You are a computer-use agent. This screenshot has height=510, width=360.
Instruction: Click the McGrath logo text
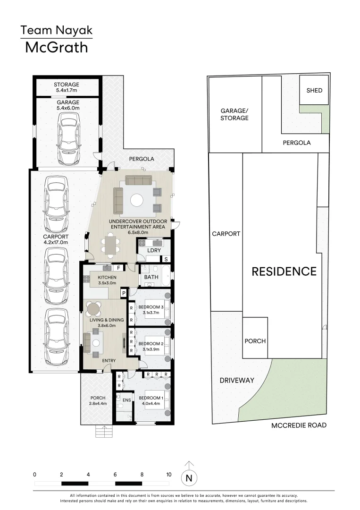tap(56, 47)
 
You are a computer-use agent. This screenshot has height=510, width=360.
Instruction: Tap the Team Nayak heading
tap(56, 31)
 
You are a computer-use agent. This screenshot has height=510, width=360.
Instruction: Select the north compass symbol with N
tap(189, 477)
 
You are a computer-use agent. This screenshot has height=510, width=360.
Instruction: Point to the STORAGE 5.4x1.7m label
tap(66, 87)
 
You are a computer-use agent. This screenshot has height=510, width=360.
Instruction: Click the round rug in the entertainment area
tap(137, 200)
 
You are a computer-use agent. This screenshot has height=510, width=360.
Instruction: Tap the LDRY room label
tap(154, 250)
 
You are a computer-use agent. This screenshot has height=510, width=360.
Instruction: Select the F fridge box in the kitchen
tap(119, 268)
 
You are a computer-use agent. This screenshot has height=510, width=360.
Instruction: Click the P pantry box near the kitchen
tap(124, 293)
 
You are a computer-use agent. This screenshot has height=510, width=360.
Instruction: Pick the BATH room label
tap(151, 277)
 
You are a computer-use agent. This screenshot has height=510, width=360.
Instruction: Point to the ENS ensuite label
tap(126, 400)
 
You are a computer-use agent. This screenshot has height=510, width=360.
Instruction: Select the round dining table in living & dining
tap(93, 309)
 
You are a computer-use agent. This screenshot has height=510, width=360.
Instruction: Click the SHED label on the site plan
tap(314, 90)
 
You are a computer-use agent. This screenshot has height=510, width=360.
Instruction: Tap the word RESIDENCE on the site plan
tap(284, 272)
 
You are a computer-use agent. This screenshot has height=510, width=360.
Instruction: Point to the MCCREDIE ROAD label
tap(299, 425)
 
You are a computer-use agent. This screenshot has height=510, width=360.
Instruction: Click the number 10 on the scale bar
tap(168, 474)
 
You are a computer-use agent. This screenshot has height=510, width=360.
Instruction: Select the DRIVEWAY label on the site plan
tap(236, 380)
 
